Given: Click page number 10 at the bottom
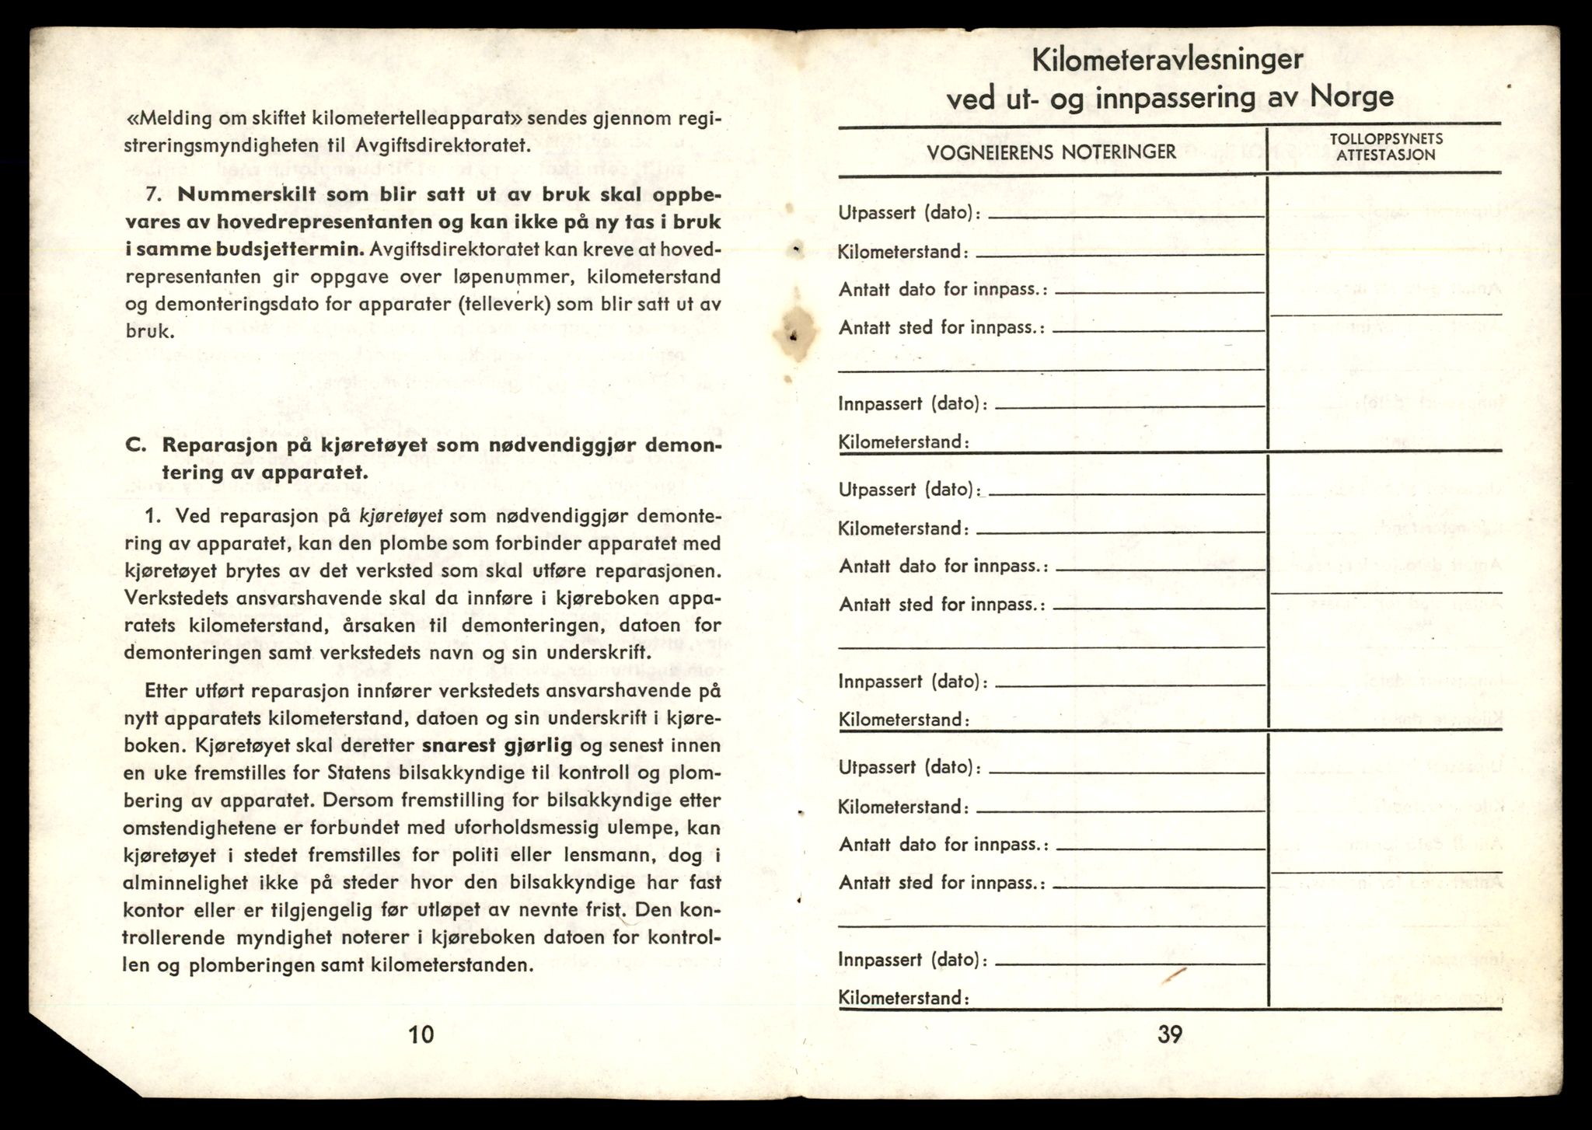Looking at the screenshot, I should click(x=421, y=1034).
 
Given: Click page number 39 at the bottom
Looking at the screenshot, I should click(x=1169, y=1034).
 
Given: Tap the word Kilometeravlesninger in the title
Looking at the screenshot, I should click(x=1168, y=59).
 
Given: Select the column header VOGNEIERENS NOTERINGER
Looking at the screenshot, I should click(x=1052, y=152).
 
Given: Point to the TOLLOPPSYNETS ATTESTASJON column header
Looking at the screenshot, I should click(x=1386, y=147).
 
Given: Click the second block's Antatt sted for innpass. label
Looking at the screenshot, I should click(x=942, y=605).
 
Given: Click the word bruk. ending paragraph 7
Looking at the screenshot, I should click(x=149, y=331).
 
